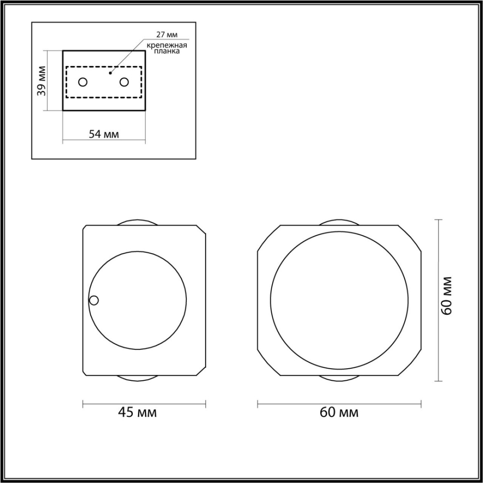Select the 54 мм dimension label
(x=104, y=134)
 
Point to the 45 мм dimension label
(x=137, y=412)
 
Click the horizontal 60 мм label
(x=339, y=412)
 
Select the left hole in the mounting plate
(x=83, y=82)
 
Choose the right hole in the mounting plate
(x=124, y=82)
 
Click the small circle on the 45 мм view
(x=94, y=300)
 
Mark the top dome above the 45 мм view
(x=138, y=223)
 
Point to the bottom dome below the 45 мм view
(x=138, y=378)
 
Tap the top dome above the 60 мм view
(x=339, y=223)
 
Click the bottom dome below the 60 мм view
(x=339, y=378)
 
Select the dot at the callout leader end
(x=110, y=73)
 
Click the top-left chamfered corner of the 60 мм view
(x=268, y=239)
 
